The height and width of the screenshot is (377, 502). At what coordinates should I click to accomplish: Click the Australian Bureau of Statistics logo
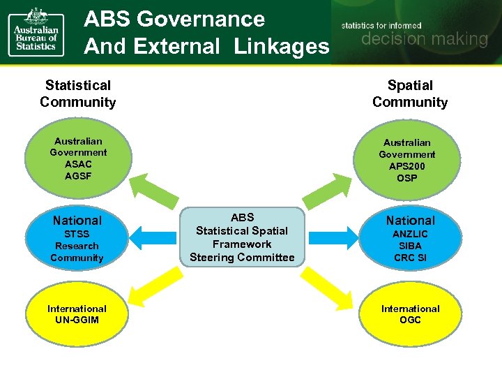coord(36,31)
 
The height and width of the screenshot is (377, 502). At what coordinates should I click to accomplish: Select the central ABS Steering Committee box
coord(242,237)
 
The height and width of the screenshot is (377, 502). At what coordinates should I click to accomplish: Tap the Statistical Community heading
coord(78,94)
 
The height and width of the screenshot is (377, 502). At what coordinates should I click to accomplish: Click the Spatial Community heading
coord(410,94)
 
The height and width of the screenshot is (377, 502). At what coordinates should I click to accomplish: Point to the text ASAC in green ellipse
coord(77,164)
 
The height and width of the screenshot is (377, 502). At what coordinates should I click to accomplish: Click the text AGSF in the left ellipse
coord(77,176)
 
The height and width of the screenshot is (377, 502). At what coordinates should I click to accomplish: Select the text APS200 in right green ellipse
coord(407,166)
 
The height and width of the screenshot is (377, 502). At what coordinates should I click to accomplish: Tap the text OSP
coord(407,178)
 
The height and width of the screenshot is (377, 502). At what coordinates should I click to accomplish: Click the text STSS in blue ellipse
coord(77,235)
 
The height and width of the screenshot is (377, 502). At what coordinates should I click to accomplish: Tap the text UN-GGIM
coord(77,320)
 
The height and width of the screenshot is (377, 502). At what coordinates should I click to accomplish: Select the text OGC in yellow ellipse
coord(410,320)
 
